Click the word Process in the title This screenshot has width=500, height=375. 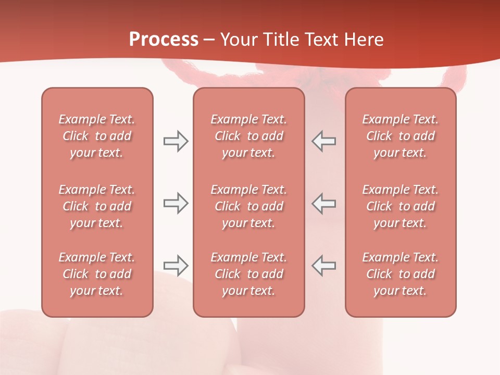coord(164,40)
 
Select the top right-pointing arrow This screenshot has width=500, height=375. coord(176,141)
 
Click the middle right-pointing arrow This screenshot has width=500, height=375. coord(176,203)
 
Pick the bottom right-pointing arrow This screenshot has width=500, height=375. coord(176,266)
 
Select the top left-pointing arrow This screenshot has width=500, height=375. coord(323,141)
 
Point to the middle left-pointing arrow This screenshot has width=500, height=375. coord(323,203)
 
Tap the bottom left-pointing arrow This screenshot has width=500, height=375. coord(323,266)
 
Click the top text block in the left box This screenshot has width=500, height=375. coord(97,136)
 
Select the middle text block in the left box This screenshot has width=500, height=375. coord(97,206)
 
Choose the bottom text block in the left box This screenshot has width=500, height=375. coord(97,274)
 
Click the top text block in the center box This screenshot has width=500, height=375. coord(248,136)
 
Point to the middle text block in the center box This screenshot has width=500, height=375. coord(248,206)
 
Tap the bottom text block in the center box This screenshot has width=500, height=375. coord(248,274)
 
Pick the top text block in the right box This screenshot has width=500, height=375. coord(401,136)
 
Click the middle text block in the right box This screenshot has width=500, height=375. coord(401,206)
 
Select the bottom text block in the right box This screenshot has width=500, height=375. coord(401,274)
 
